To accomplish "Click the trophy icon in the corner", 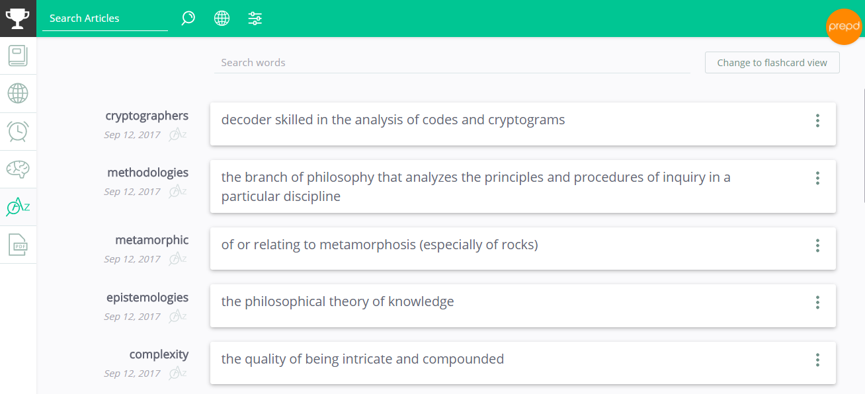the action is (x=18, y=19).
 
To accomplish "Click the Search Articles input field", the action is (x=104, y=19).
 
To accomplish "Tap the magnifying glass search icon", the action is (x=188, y=18).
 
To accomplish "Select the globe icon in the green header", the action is (x=222, y=18).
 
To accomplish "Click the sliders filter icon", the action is (x=255, y=18).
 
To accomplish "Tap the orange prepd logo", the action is (x=844, y=26).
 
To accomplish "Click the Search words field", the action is (x=452, y=63).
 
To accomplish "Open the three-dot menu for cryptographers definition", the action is (x=817, y=121).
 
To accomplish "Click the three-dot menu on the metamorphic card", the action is (x=817, y=245).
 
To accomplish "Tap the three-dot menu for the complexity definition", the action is (x=817, y=360).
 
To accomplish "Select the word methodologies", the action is (x=148, y=173).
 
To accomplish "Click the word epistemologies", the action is (x=147, y=297).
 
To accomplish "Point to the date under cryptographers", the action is (x=132, y=135).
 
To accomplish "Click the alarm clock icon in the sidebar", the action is (x=18, y=131).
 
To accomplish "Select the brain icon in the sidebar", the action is (x=18, y=169).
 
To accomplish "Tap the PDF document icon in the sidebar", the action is (x=18, y=245).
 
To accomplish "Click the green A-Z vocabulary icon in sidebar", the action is (x=18, y=207).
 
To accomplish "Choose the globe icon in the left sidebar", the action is (x=18, y=93).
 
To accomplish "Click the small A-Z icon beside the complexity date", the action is (x=178, y=373).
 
